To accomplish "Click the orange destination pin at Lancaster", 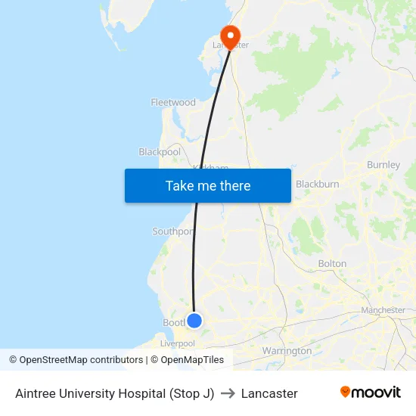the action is [229, 35].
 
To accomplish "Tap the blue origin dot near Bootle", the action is [194, 321].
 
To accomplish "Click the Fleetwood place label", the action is [173, 103].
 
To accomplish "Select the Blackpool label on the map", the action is [160, 152].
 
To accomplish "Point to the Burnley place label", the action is [383, 165].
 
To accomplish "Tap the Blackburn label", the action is [317, 184].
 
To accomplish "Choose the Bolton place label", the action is [332, 264].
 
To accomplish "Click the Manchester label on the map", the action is [383, 310].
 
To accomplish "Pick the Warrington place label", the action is [287, 351].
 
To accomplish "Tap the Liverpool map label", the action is [178, 343].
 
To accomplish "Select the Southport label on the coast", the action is [172, 231].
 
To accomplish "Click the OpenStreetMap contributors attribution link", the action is [81, 360].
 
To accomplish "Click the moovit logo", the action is [370, 393].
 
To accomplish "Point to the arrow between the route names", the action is [228, 393].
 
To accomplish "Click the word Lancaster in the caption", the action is [269, 393].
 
